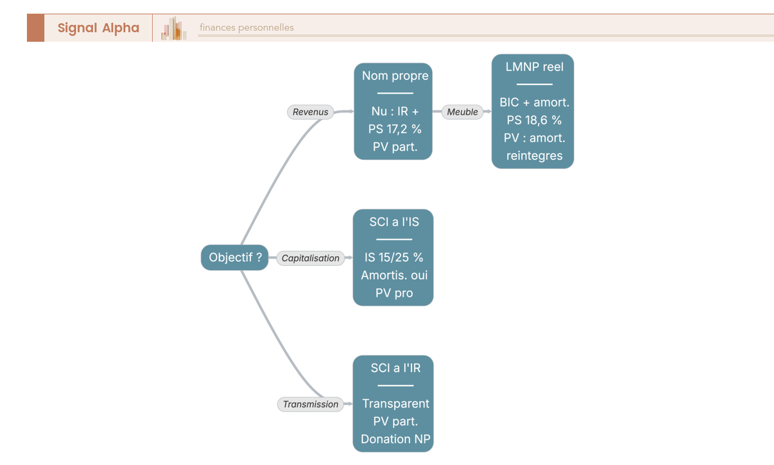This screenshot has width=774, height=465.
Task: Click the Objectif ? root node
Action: click(x=235, y=257)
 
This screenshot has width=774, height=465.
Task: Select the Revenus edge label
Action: click(x=310, y=112)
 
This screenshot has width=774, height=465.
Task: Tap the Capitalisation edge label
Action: click(x=310, y=258)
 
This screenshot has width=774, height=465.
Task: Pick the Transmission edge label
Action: click(x=310, y=404)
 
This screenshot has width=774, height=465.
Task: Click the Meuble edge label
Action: click(x=462, y=112)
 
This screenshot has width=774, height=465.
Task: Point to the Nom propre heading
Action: click(x=395, y=75)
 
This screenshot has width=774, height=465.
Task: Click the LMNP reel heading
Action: click(x=534, y=66)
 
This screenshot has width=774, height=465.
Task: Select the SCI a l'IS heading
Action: click(x=394, y=222)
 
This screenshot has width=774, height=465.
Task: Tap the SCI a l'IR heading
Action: click(x=395, y=368)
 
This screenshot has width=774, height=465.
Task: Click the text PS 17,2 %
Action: click(x=395, y=129)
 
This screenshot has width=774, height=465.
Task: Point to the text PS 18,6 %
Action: click(x=534, y=120)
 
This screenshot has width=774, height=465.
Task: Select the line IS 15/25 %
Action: click(x=393, y=257)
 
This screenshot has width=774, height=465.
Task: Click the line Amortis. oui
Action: click(x=394, y=275)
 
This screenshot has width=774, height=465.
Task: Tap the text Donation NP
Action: click(x=395, y=439)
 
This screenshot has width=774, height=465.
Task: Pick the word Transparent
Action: click(x=395, y=404)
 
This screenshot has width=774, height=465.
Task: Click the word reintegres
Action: click(x=534, y=156)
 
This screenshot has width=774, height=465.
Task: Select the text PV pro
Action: click(x=394, y=293)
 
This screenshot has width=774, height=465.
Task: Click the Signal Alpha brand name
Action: click(x=99, y=28)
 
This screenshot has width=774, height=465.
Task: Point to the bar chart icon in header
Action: click(x=174, y=28)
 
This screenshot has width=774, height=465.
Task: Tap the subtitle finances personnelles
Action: click(x=246, y=28)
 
